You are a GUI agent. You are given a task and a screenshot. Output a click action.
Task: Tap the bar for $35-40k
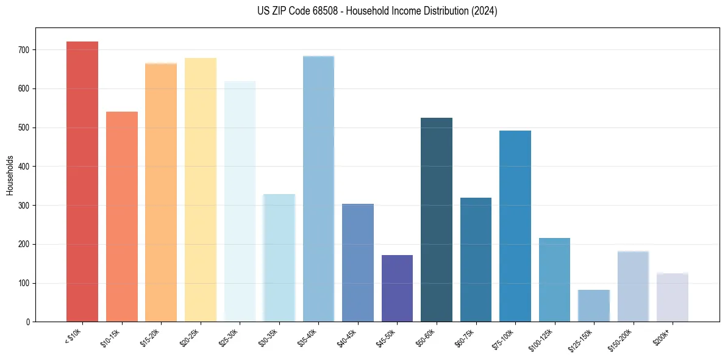tap(318, 189)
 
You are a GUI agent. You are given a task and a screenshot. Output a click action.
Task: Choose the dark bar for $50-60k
tap(437, 220)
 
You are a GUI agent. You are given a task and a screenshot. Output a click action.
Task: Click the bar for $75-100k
tap(515, 226)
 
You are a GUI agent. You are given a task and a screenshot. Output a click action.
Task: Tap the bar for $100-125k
tap(554, 280)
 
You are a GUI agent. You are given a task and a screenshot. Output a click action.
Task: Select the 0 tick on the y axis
tap(29, 322)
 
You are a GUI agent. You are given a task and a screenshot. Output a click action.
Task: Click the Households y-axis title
tap(10, 175)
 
